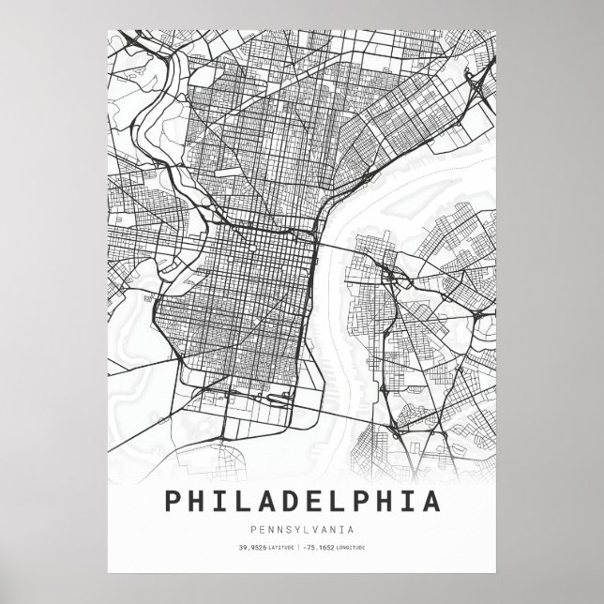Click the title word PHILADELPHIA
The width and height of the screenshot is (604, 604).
302,500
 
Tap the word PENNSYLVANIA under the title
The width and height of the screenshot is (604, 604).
302,529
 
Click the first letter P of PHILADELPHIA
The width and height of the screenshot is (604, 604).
175,500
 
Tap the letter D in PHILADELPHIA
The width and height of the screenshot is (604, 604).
289,500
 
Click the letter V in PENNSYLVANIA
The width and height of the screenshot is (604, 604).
320,529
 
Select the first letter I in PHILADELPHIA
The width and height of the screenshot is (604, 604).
221,500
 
